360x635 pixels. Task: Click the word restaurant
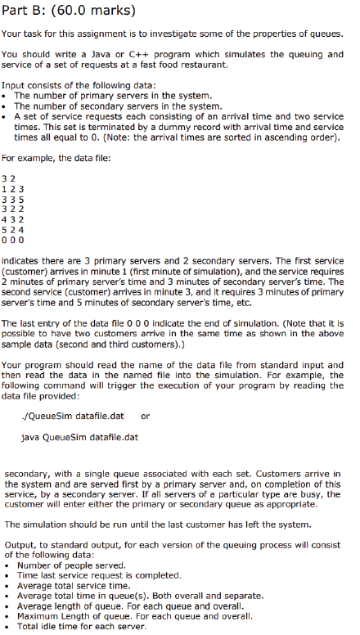click(201, 64)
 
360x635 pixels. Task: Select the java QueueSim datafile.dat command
click(81, 436)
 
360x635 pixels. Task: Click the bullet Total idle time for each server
click(82, 626)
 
